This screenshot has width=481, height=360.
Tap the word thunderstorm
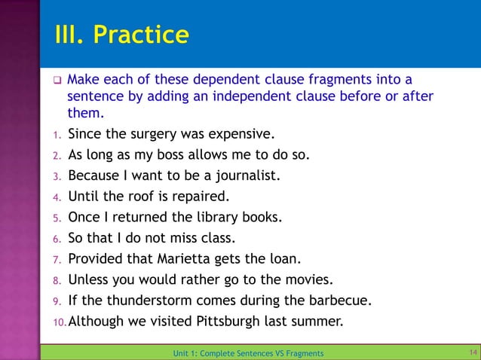coord(151,301)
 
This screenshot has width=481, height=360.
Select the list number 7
coord(56,261)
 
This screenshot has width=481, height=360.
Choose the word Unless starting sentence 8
coord(89,281)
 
